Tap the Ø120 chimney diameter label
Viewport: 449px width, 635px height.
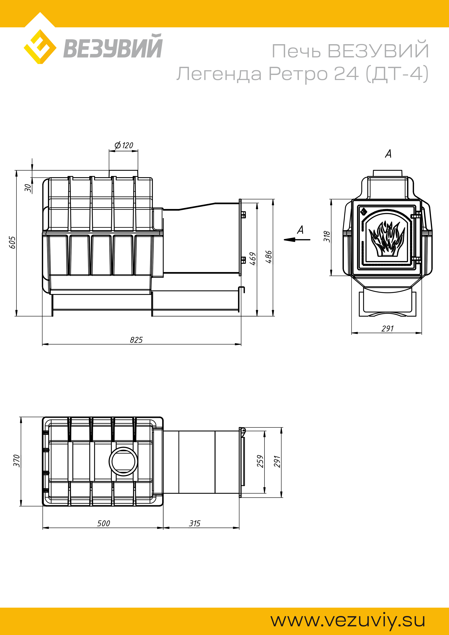124,145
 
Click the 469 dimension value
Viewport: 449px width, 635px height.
253,259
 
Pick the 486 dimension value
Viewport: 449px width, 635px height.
268,257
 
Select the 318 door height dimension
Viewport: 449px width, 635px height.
327,236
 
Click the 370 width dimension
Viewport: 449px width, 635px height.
17,461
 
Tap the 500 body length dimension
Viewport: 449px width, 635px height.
103,523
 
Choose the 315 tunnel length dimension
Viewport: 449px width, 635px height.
195,523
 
